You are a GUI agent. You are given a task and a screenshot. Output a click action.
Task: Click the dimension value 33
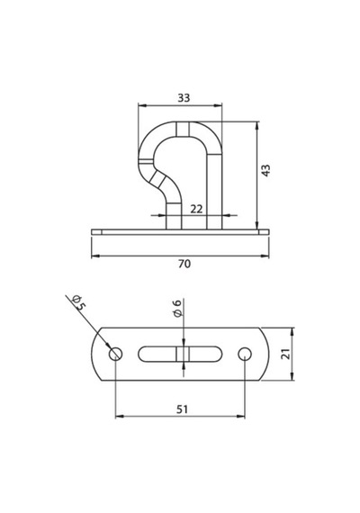184,97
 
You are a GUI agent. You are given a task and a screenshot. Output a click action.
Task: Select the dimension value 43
266,170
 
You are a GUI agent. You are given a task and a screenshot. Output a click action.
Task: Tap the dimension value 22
196,209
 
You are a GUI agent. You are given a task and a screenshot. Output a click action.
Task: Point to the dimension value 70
184,264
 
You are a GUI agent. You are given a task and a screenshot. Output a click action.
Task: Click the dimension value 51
183,409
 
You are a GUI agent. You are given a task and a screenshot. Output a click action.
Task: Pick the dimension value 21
286,354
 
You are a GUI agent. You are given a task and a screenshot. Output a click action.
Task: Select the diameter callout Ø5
78,302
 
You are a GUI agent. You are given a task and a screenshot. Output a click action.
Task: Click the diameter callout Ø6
176,308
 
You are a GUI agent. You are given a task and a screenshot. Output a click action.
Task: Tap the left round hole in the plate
115,354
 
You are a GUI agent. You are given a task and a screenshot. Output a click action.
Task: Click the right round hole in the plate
245,354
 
